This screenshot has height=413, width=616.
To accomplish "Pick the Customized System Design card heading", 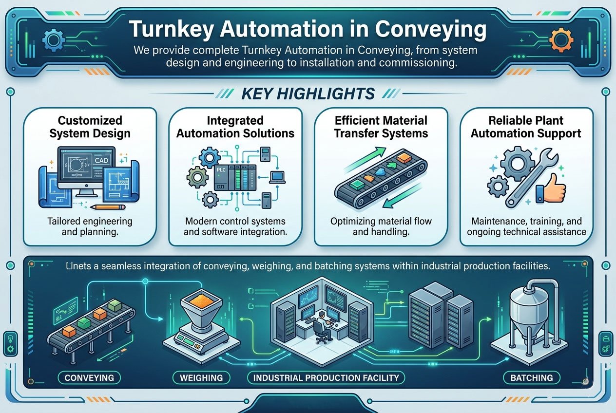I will pyautogui.click(x=90, y=127).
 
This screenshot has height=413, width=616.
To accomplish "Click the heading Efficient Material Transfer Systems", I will pyautogui.click(x=381, y=127).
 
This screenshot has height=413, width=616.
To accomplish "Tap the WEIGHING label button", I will pyautogui.click(x=201, y=377).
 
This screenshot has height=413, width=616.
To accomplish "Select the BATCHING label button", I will pyautogui.click(x=532, y=377).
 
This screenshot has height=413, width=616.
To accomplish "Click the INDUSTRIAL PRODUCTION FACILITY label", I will pyautogui.click(x=326, y=377).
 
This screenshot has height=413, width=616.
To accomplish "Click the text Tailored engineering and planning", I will pyautogui.click(x=90, y=226).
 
